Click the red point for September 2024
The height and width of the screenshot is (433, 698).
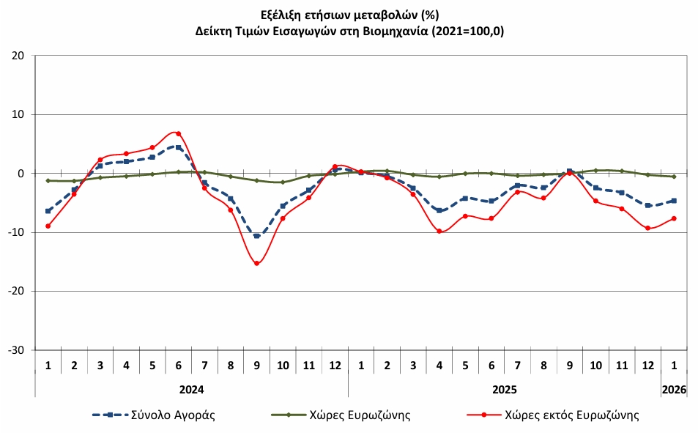point(256,264)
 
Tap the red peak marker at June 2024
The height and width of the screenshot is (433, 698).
point(178,133)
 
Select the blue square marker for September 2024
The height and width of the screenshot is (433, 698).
point(256,236)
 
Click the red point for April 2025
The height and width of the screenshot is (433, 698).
point(439,232)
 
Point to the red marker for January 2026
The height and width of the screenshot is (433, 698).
point(674,218)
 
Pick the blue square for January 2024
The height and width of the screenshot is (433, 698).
point(48,211)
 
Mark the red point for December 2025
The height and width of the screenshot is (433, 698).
point(647,229)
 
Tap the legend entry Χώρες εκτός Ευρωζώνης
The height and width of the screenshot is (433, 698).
point(571,415)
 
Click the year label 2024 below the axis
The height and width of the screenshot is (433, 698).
point(191,390)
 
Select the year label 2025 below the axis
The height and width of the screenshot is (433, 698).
point(504,390)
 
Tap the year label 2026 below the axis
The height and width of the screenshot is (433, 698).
point(674,390)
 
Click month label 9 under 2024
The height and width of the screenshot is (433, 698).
point(256,365)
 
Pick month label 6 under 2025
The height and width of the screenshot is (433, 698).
point(491,365)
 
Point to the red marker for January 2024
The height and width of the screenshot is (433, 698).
point(48,226)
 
